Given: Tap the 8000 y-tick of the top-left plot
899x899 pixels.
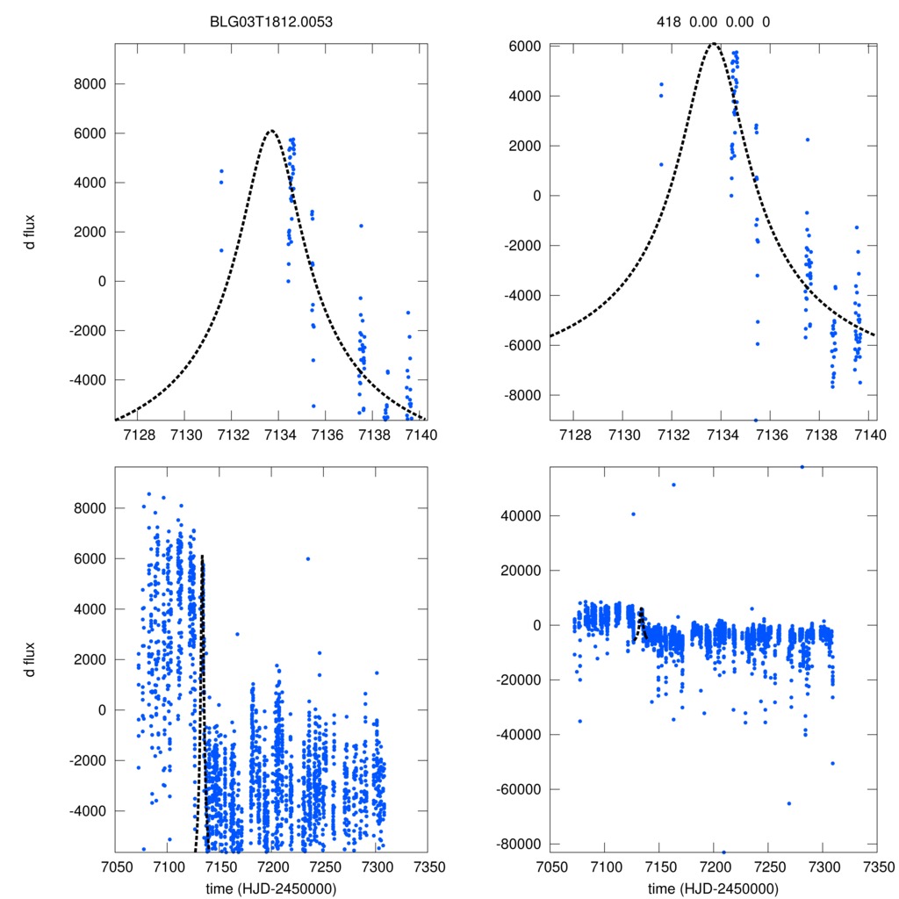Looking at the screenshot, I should (90, 84).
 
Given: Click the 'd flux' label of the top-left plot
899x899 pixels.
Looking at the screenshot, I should (31, 232).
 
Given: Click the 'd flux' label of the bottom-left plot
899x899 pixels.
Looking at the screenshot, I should (31, 658).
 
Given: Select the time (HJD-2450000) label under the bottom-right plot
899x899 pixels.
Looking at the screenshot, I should (713, 888).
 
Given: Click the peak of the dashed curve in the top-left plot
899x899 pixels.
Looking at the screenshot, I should (270, 132).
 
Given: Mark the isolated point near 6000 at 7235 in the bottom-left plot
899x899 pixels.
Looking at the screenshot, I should (307, 558).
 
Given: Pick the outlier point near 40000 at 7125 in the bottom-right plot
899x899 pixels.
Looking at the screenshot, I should (633, 514).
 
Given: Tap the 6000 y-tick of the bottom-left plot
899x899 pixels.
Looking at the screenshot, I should (90, 558).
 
